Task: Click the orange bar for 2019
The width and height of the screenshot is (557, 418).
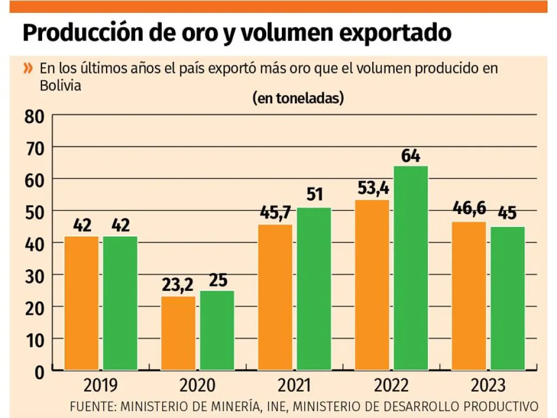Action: pyautogui.click(x=82, y=303)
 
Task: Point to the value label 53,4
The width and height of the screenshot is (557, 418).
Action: pyautogui.click(x=373, y=189)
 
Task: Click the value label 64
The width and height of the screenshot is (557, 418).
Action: pyautogui.click(x=410, y=156)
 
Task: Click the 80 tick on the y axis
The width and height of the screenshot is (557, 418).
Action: pyautogui.click(x=35, y=116)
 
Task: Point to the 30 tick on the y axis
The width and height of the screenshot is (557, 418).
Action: pyautogui.click(x=35, y=275)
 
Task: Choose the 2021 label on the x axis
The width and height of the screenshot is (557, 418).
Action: pyautogui.click(x=295, y=386)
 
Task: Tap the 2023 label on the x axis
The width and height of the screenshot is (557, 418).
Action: pyautogui.click(x=488, y=386)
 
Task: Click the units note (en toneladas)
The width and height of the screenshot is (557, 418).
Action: pyautogui.click(x=298, y=98)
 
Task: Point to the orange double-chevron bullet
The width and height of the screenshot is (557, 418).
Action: pyautogui.click(x=28, y=69)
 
